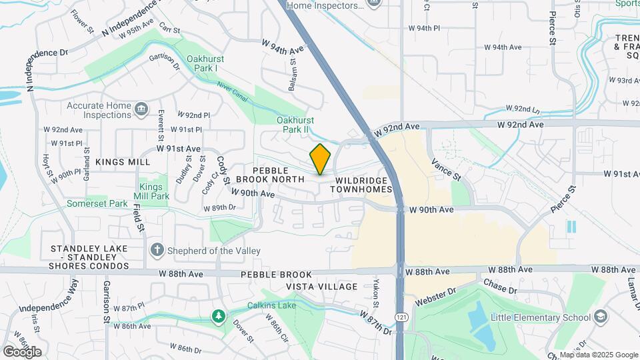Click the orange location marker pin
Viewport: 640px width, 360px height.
321,159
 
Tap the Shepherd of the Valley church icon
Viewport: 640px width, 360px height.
157,250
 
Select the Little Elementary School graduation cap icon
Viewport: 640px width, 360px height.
600,317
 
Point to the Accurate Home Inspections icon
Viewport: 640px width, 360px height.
141,109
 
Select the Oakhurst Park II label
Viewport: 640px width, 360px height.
295,125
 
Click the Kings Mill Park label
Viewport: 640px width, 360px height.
153,191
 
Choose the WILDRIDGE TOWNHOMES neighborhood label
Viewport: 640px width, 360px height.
363,185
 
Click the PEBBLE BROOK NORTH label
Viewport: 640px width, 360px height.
279,175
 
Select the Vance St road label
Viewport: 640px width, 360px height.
446,169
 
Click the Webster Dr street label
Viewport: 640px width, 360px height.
435,297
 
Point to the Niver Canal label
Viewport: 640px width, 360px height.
233,93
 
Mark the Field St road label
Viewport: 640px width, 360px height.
138,217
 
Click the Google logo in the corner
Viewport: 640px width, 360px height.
23,351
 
